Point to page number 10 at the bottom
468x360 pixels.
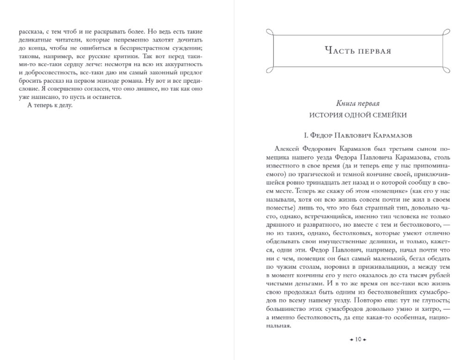pyautogui.click(x=358, y=340)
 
